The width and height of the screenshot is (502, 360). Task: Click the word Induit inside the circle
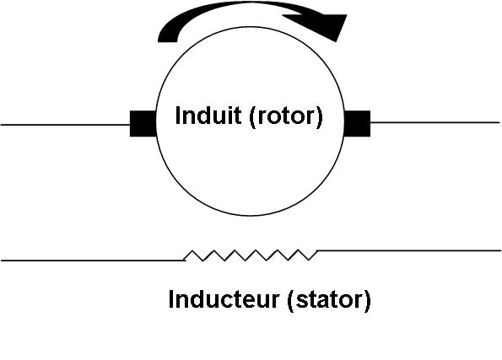(x=208, y=116)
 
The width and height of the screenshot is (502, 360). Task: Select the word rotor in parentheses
(x=285, y=117)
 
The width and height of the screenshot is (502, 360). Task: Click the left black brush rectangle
(x=143, y=124)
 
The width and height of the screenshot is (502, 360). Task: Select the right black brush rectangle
(x=357, y=124)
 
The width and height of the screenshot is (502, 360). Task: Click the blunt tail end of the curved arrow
(x=167, y=39)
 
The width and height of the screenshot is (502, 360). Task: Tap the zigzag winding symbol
(x=251, y=255)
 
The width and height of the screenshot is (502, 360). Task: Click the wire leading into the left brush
(x=65, y=125)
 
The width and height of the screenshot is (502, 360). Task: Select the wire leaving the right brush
(x=435, y=122)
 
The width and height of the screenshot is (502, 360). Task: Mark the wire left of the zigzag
(x=93, y=261)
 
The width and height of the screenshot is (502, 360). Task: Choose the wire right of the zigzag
(x=409, y=250)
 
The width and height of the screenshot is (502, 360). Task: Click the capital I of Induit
(x=178, y=116)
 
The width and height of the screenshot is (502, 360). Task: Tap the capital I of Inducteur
(x=171, y=299)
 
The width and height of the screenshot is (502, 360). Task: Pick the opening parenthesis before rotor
(x=252, y=117)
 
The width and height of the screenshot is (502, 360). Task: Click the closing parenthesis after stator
(x=367, y=301)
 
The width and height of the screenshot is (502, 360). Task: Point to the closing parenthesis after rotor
(x=319, y=117)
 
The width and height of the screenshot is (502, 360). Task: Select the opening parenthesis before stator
(x=291, y=301)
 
